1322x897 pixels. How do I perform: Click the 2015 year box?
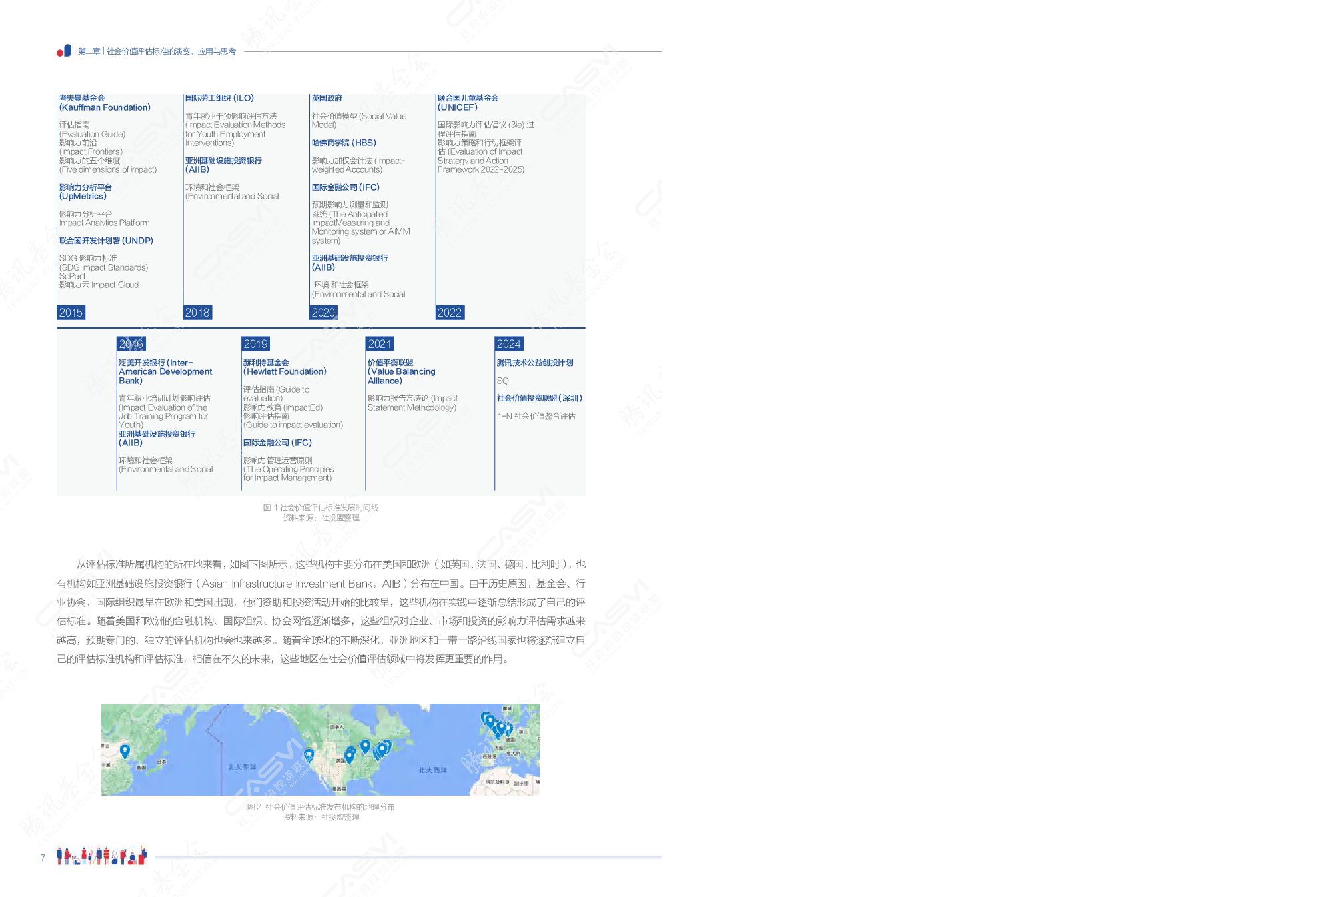click(x=71, y=313)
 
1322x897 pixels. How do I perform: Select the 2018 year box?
click(x=197, y=313)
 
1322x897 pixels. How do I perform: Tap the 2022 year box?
click(x=450, y=313)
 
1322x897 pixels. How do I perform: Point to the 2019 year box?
click(x=256, y=344)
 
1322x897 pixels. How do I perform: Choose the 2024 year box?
click(x=509, y=344)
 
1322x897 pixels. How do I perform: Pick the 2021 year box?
click(x=380, y=344)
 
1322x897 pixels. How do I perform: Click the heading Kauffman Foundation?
click(x=105, y=107)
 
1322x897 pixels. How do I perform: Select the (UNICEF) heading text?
click(x=458, y=107)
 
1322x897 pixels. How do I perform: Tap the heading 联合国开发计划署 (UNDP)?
click(x=106, y=241)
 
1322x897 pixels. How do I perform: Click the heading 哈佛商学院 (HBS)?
click(x=344, y=143)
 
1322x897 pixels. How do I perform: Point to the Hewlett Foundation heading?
click(x=285, y=371)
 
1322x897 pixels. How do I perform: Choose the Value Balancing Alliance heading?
click(x=401, y=372)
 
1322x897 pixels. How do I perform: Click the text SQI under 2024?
click(x=504, y=381)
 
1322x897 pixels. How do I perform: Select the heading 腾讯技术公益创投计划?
click(x=535, y=363)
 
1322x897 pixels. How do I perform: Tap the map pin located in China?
click(x=125, y=751)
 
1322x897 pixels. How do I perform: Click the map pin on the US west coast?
click(x=309, y=755)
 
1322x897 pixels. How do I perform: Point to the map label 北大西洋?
click(x=432, y=770)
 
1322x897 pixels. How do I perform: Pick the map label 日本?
click(x=161, y=761)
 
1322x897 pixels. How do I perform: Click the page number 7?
click(x=43, y=857)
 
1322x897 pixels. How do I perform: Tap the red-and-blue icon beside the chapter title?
click(x=64, y=51)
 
